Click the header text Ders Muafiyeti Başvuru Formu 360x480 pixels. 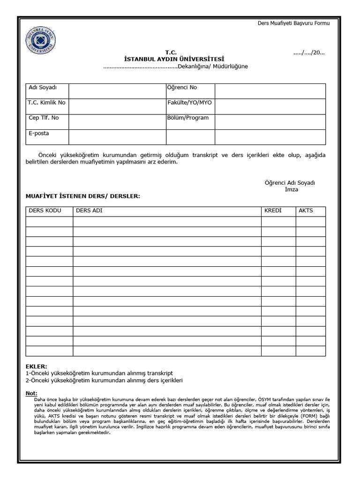(294, 23)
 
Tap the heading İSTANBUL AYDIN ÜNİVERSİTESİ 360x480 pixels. (174, 59)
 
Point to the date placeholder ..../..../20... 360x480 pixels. (309, 52)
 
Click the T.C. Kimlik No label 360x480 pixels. (47, 103)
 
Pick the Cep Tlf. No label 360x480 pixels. (44, 118)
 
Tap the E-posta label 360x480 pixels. (39, 133)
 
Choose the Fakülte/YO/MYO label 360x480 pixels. (187, 103)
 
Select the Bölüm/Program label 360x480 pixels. (188, 118)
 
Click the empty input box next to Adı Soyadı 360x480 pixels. (117, 91)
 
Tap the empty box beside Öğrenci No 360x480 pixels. (270, 91)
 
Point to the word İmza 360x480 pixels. (291, 189)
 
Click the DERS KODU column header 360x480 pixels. (45, 210)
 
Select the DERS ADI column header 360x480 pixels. (89, 210)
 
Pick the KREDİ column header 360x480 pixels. (273, 210)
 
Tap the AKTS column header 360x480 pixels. (306, 210)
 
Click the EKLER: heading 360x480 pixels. (37, 366)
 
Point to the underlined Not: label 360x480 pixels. (32, 393)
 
